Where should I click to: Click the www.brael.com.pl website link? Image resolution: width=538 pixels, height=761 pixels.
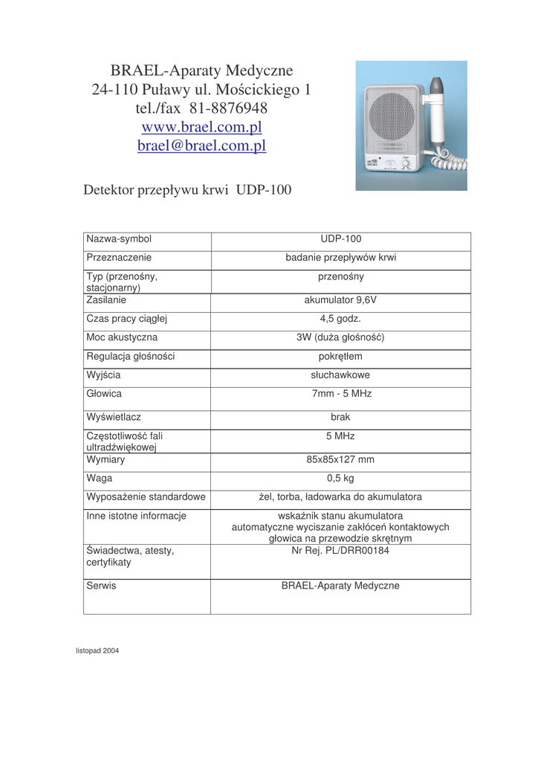201,127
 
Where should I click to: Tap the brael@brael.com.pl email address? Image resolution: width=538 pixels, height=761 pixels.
201,146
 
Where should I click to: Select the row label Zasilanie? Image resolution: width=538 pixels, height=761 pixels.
106,301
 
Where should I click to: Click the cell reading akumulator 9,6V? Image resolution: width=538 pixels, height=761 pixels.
340,301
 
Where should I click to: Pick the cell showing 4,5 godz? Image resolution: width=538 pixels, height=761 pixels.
340,319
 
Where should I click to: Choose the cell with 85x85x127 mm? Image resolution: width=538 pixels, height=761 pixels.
340,460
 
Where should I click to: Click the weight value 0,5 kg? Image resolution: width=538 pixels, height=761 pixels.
340,478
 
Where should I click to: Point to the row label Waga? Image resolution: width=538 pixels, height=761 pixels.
100,478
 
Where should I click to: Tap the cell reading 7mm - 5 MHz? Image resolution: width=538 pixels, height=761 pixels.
340,393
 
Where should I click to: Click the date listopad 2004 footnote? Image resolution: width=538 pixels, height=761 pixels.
97,651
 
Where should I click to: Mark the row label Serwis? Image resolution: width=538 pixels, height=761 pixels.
102,586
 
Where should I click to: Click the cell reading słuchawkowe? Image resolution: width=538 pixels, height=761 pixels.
340,375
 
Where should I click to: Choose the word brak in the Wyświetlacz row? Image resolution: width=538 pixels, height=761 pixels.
340,418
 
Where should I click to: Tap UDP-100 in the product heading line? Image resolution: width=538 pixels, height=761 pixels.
264,190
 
